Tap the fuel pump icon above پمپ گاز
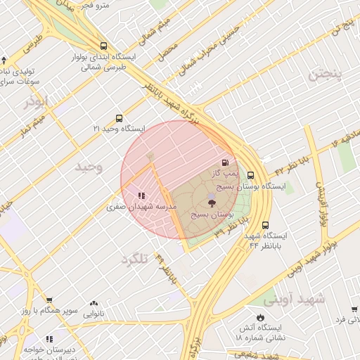click(x=225, y=162)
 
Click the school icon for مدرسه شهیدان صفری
click(x=141, y=196)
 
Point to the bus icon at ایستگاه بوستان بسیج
click(x=250, y=176)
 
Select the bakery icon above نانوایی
click(x=94, y=304)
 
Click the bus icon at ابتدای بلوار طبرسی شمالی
click(x=104, y=45)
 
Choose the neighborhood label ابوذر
click(x=36, y=103)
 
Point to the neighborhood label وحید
click(x=89, y=167)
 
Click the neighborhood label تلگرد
click(x=136, y=259)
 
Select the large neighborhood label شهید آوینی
click(x=301, y=298)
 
